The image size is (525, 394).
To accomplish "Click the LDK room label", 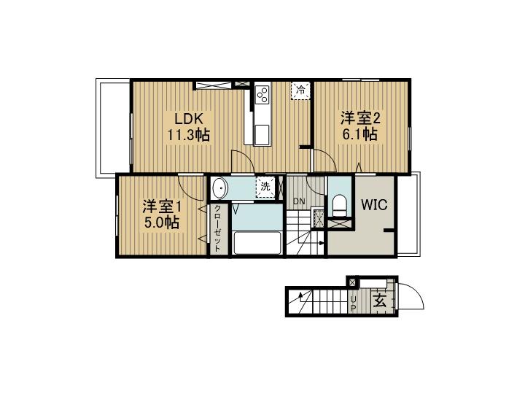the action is pos(189,119).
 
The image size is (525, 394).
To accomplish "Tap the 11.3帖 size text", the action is pos(189,135).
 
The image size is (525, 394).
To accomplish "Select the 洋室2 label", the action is pos(360,118).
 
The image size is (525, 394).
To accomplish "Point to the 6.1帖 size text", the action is pos(359,134).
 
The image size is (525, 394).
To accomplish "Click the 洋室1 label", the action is pos(162,206).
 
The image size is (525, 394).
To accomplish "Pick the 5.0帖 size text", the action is pos(161,222).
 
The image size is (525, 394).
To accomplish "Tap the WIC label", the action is pos(374,205).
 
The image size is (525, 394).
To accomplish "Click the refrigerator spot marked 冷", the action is pos(301,90).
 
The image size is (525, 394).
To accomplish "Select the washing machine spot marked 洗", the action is pos(265,187).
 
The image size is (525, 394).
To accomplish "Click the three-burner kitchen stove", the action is pos(262,94).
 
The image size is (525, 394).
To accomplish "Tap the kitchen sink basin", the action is pos(262,135).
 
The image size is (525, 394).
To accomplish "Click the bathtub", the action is pos(257,243).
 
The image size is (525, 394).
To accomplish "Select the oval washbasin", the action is pos(219,188).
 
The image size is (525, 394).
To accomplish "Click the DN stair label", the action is pos(299,201).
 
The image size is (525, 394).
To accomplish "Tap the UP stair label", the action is pos(353,304).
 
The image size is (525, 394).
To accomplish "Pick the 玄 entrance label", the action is pos(380,301).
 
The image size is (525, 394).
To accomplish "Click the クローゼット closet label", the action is pos(217,228).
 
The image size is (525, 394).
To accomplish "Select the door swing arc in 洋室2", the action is pos(327,157).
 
